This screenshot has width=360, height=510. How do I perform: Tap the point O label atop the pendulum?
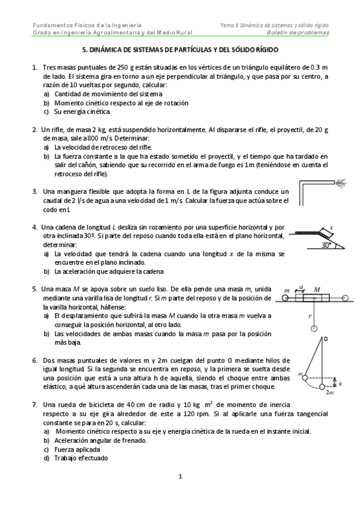click(x=326, y=339)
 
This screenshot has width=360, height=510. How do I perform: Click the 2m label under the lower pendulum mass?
click(x=329, y=393)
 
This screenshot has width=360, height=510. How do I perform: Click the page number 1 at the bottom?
click(x=180, y=477)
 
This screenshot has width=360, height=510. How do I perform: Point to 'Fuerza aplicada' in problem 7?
click(x=77, y=449)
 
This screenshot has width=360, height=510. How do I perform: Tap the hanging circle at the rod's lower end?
click(x=314, y=328)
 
